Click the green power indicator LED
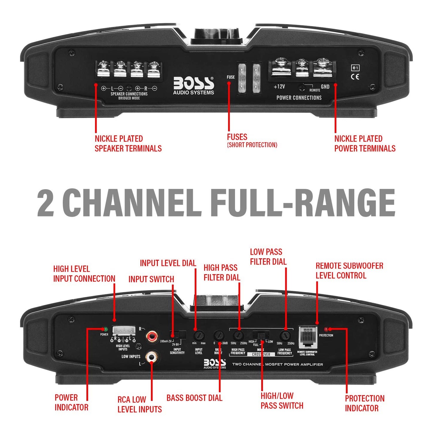point(105,329)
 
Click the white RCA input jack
point(152,357)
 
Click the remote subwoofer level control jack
point(307,338)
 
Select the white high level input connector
point(124,331)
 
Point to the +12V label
point(279,87)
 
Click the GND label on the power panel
point(325,87)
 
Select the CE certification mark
point(355,77)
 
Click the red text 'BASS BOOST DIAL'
point(194,398)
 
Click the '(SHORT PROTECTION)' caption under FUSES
point(252,145)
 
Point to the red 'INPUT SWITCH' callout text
point(151,279)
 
